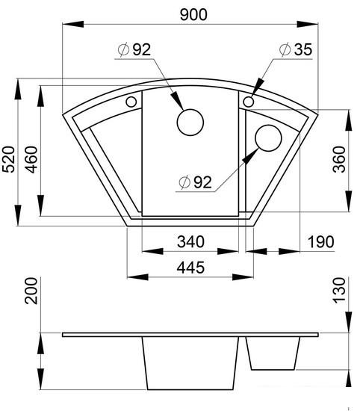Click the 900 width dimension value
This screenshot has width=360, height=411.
193,15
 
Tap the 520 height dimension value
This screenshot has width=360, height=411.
8,159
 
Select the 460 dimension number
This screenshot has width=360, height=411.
31,159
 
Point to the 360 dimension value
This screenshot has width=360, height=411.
339,159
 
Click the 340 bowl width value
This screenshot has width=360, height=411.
190,241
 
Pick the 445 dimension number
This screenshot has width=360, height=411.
190,268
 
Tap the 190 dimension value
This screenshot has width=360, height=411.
321,241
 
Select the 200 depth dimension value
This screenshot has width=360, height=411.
31,291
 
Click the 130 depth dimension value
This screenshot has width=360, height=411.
339,291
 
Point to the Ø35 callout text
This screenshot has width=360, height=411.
296,49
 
